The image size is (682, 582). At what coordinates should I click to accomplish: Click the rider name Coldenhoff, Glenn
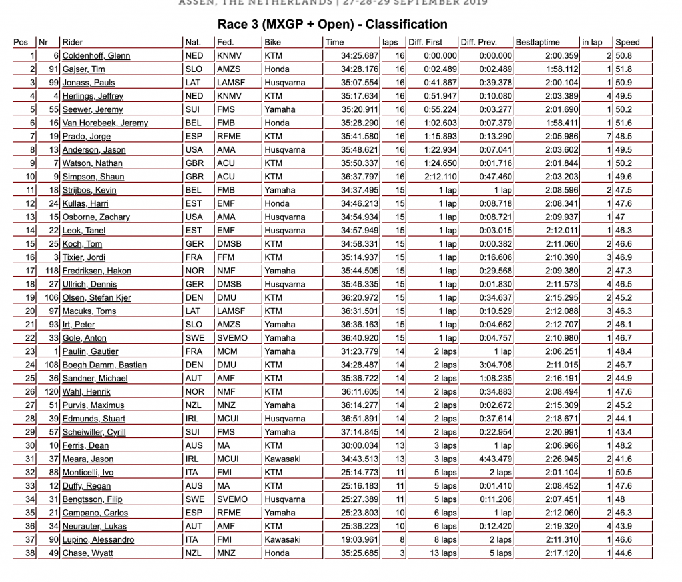coord(96,56)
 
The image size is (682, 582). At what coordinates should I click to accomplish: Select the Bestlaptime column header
coord(538,42)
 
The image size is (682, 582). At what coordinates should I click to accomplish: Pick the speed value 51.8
coord(624,69)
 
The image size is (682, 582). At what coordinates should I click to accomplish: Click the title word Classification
coord(406,25)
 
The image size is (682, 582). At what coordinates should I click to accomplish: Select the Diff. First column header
coord(426,42)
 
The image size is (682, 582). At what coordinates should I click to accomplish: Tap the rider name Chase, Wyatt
coord(88,553)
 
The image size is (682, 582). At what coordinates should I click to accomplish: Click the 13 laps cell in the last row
coord(443,553)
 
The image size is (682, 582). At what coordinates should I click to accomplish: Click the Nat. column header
coord(193,42)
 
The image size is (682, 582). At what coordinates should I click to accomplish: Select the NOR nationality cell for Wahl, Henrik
coord(194,391)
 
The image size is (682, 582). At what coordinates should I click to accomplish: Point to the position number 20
coord(30,311)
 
